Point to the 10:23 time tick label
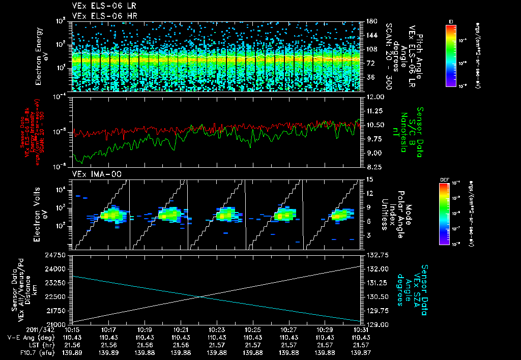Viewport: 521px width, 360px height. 217,330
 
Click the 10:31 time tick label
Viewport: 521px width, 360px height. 361,330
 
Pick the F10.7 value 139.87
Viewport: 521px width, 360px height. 361,352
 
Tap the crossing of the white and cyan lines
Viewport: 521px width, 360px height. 200,297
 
